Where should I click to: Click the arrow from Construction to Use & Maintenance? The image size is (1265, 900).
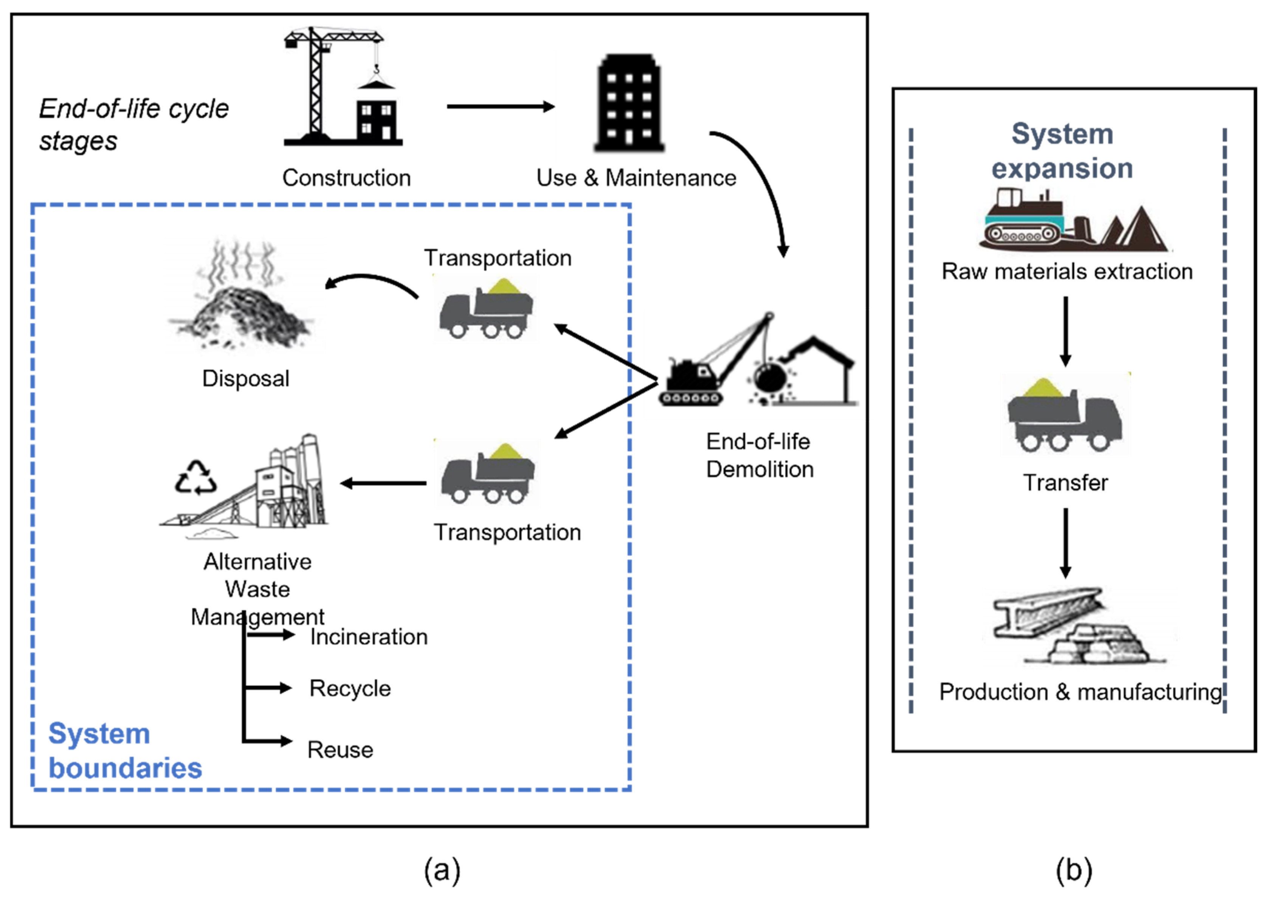(x=500, y=106)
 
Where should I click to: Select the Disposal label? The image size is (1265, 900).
(x=245, y=379)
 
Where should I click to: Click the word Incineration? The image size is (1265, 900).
(x=368, y=637)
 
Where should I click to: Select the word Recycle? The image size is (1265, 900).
(x=350, y=688)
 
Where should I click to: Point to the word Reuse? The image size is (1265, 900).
(x=340, y=750)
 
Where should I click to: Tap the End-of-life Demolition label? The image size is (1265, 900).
(x=759, y=455)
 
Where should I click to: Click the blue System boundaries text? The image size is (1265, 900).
(x=125, y=751)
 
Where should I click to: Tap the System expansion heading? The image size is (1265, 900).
(x=1062, y=151)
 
